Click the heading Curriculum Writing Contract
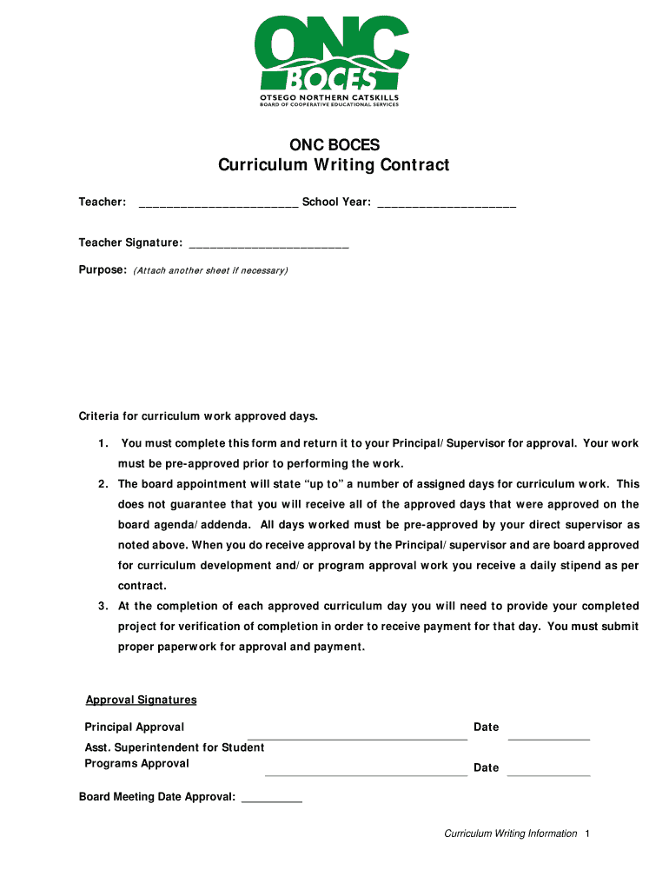point(334,165)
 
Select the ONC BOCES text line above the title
point(334,144)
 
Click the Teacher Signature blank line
point(268,245)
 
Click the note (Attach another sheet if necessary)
point(209,271)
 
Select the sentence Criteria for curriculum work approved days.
point(199,415)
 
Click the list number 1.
point(103,443)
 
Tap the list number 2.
point(103,484)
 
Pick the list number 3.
point(103,606)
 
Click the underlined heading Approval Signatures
point(141,700)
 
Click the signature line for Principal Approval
point(357,737)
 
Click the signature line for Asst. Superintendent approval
point(366,773)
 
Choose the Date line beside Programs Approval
point(548,773)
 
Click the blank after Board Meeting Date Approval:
point(271,799)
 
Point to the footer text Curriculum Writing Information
point(510,834)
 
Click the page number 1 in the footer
point(588,834)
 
